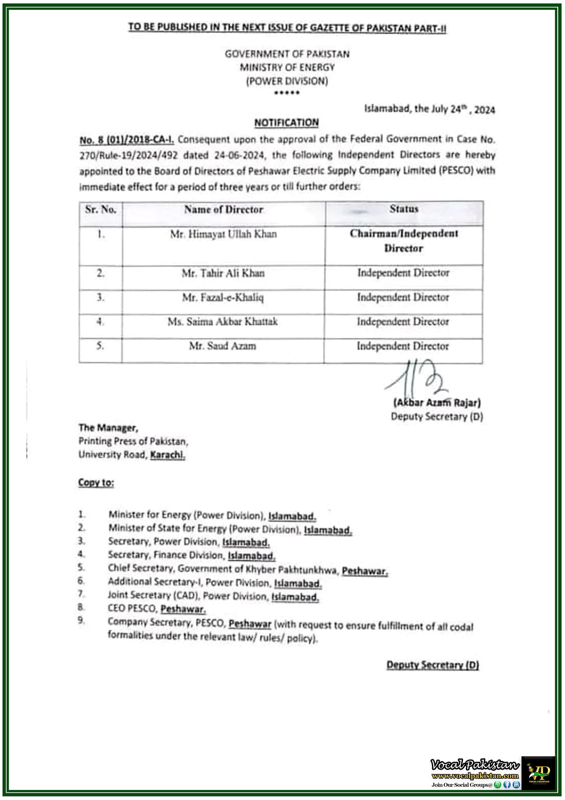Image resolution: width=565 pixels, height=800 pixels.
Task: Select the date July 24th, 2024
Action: pos(463,109)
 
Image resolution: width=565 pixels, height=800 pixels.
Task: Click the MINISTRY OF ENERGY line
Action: pos(287,67)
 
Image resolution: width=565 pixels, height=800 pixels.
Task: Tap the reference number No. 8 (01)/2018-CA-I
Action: pos(127,140)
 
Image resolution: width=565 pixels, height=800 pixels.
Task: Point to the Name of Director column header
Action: pos(224,210)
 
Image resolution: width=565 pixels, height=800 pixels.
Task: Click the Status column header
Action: pos(404,209)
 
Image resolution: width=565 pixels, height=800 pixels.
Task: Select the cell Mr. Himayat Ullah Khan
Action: pos(224,234)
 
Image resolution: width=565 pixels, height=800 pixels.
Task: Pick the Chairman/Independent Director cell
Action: pos(404,241)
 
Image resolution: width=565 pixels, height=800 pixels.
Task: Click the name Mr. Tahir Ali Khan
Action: pos(223,273)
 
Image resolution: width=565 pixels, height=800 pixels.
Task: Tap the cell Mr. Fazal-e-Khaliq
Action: pos(223,297)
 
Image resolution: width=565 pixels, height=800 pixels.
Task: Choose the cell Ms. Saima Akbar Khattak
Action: pos(223,322)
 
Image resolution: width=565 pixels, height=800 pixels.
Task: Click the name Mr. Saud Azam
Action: pos(223,346)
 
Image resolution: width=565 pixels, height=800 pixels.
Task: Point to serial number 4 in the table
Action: pos(100,322)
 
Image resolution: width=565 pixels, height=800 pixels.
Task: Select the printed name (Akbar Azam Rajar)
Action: pos(437,403)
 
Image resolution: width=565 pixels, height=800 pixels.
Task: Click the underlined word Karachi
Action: pos(167,455)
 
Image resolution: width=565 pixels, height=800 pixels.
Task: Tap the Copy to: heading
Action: pos(96,482)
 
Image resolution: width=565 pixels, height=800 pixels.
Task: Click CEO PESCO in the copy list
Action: pos(132,608)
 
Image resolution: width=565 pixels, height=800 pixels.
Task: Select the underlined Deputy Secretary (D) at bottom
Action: pos(432,665)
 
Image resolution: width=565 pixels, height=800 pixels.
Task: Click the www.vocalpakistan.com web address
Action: pos(475,776)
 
